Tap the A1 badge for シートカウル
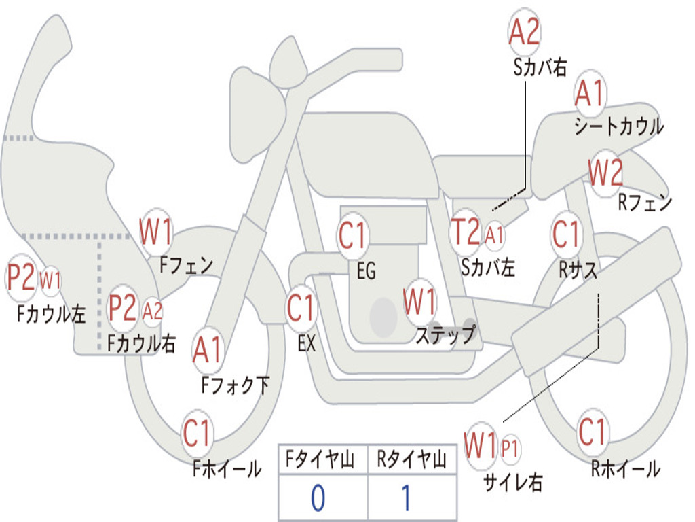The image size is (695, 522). point(589,94)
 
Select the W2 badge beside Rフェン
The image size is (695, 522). point(605,173)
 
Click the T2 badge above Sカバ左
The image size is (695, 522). point(466,232)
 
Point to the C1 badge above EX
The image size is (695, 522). point(301,308)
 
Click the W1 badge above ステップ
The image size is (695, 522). point(419,302)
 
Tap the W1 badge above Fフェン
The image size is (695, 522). point(155,232)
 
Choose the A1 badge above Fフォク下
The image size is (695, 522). point(207,350)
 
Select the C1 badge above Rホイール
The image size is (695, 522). point(592,431)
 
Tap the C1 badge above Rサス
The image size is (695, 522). point(566,234)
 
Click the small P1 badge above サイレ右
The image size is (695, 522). point(510,449)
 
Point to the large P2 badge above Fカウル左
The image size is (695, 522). point(21,278)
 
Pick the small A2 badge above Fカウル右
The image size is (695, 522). point(153,311)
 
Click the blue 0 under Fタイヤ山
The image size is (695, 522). point(318,498)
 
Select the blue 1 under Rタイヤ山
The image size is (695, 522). point(407,498)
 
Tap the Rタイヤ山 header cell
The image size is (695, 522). point(411,461)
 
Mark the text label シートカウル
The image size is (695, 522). point(618,127)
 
